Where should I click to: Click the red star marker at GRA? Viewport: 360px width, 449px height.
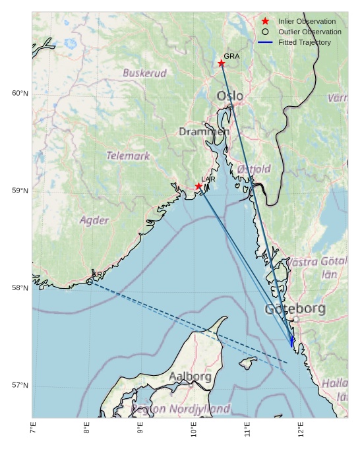222,63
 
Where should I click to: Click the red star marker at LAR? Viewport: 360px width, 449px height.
198,187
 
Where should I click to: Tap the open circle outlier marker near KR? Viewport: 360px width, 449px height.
90,282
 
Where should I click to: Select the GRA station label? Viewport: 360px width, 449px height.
231,56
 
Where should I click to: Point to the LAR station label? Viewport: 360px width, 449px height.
208,179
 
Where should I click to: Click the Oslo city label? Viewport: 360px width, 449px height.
230,96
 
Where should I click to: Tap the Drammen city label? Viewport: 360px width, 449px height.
204,132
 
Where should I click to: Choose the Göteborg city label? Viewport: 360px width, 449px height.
295,309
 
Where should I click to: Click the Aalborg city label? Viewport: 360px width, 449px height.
190,376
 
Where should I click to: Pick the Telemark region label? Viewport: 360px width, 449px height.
128,156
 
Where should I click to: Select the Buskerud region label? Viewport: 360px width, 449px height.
144,73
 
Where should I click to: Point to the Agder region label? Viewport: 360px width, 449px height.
94,220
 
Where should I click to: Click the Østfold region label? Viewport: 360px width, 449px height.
254,169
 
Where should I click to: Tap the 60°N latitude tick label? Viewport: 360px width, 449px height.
20,93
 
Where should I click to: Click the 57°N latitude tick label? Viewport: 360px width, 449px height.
20,386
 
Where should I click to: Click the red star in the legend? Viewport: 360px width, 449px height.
265,21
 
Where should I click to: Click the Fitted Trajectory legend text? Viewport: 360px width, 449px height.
305,42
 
